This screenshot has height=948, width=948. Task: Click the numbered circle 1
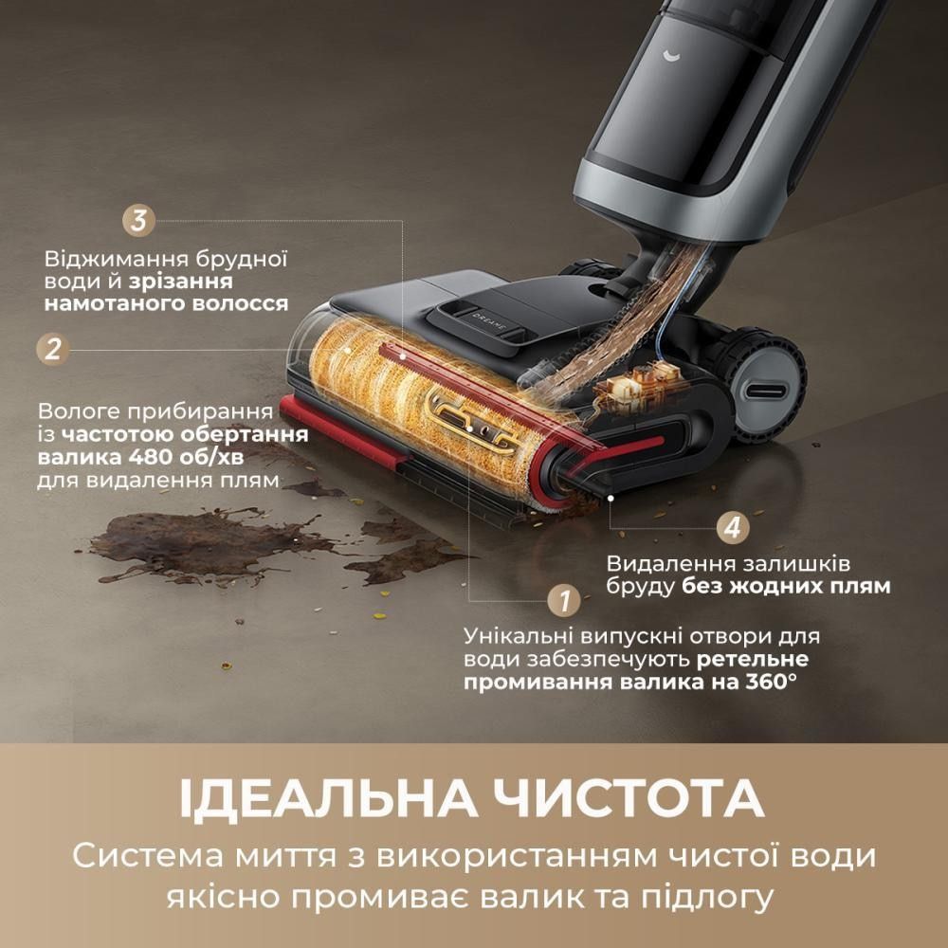(564, 601)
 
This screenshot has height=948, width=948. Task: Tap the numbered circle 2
(53, 350)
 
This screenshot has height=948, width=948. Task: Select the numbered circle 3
(139, 220)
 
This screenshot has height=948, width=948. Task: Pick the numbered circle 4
(733, 528)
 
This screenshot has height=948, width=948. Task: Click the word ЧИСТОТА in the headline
(629, 799)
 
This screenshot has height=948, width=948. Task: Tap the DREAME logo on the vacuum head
(491, 321)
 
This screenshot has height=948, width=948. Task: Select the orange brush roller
(423, 411)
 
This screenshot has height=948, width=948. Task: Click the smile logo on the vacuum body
(671, 56)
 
